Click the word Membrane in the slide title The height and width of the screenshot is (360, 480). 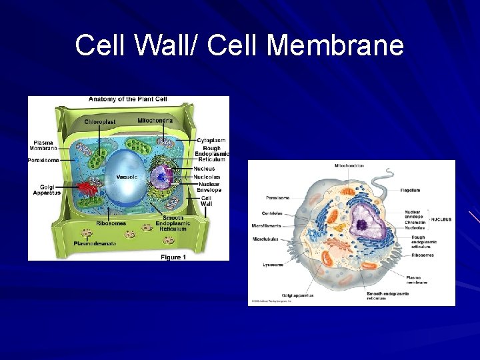coord(337,46)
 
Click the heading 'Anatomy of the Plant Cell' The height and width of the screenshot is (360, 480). coord(127,99)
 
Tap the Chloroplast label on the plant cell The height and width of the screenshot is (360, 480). coord(100,122)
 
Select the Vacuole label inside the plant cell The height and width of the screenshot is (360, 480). coord(127,177)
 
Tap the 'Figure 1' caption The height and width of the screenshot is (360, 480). coord(173,257)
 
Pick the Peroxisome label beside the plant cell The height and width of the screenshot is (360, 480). coord(43,160)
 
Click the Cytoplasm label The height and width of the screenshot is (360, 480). coord(211,141)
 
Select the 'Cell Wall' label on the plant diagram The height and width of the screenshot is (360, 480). coord(206,201)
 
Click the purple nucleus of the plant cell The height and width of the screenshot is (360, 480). coord(161,177)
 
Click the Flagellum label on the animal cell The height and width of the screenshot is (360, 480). coord(410,190)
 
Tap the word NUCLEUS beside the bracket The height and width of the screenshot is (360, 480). coord(441,219)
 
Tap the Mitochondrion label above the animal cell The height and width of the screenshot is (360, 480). coord(349,165)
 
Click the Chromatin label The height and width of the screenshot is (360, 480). coord(414,223)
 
